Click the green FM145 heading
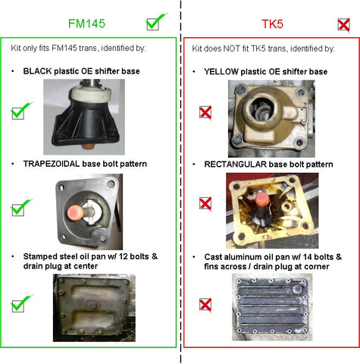tap(86, 24)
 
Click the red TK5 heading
tap(272, 24)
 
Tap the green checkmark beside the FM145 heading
tap(156, 22)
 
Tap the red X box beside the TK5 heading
tap(344, 25)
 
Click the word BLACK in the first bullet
tap(37, 71)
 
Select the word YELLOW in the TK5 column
tap(221, 71)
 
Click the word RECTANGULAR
tap(236, 165)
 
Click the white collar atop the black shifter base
tap(90, 94)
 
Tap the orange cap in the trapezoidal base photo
tap(75, 212)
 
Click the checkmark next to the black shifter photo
tap(20, 111)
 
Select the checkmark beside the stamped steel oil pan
tap(20, 303)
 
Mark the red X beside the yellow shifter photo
tap(205, 112)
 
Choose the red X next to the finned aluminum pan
tap(205, 305)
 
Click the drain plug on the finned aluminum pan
tap(297, 288)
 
